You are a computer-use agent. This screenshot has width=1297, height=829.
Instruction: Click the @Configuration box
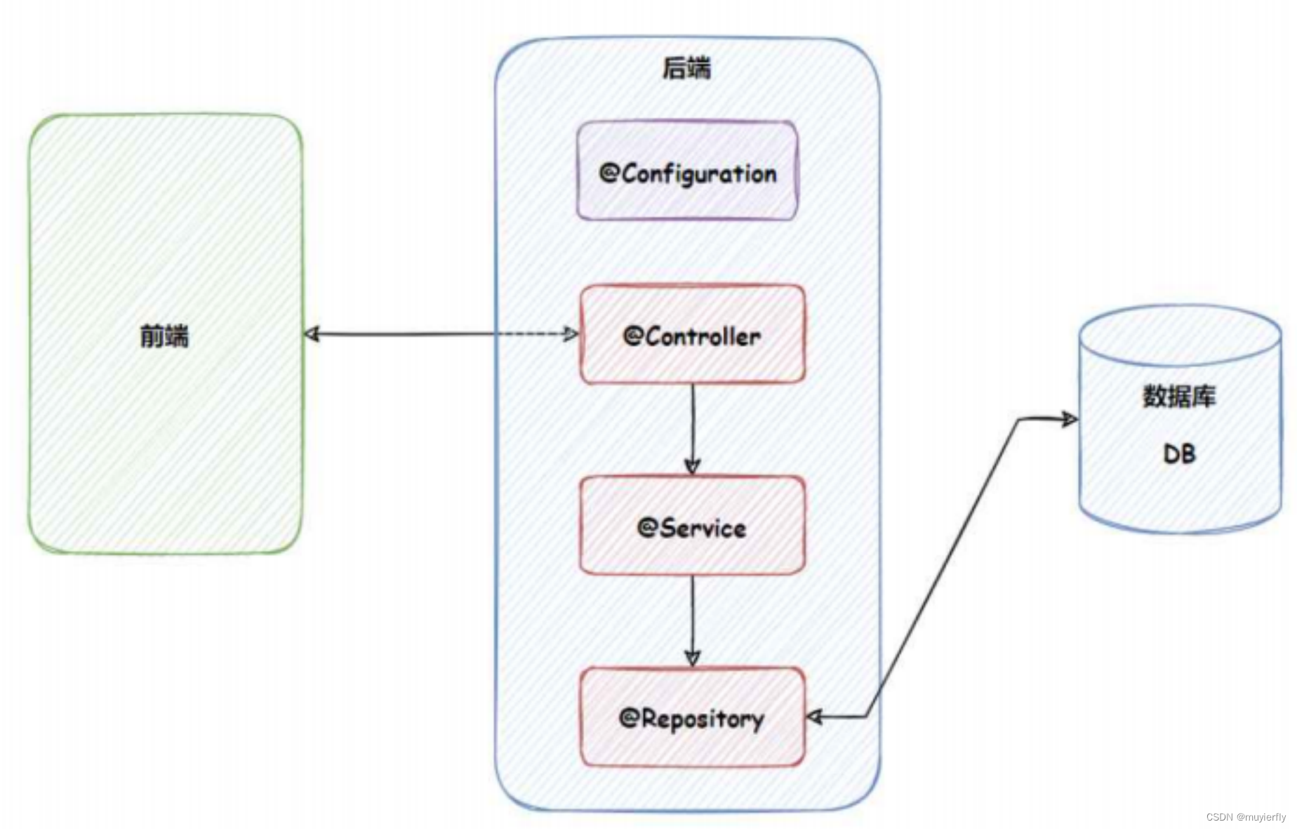click(687, 171)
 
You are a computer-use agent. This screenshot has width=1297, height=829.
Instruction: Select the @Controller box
click(692, 335)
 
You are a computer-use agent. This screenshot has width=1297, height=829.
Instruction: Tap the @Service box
click(692, 526)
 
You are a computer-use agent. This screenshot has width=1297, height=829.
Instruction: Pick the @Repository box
click(692, 717)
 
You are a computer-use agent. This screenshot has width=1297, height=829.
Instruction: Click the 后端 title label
click(686, 68)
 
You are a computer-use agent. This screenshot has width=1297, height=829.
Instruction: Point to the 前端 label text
click(164, 336)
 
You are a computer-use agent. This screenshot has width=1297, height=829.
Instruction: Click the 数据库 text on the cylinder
click(1179, 397)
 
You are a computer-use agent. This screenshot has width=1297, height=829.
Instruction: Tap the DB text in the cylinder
click(1179, 453)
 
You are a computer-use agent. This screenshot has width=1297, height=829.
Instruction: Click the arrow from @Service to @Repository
click(693, 618)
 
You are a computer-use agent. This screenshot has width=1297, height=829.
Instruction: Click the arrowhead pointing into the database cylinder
click(1069, 420)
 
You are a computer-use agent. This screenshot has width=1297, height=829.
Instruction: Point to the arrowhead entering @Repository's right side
click(815, 717)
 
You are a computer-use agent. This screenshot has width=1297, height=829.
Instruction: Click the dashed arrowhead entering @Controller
click(571, 333)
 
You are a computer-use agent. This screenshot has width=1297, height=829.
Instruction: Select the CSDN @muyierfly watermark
click(1246, 817)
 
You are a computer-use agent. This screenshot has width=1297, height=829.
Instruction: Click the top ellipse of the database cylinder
click(1180, 335)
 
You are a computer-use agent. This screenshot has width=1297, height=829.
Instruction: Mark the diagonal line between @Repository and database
click(940, 569)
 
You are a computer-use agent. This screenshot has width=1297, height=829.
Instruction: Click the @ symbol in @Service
click(646, 527)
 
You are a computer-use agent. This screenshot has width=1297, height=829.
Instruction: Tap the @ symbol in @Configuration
click(608, 173)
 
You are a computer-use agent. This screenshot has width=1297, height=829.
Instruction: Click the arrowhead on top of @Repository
click(693, 658)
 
